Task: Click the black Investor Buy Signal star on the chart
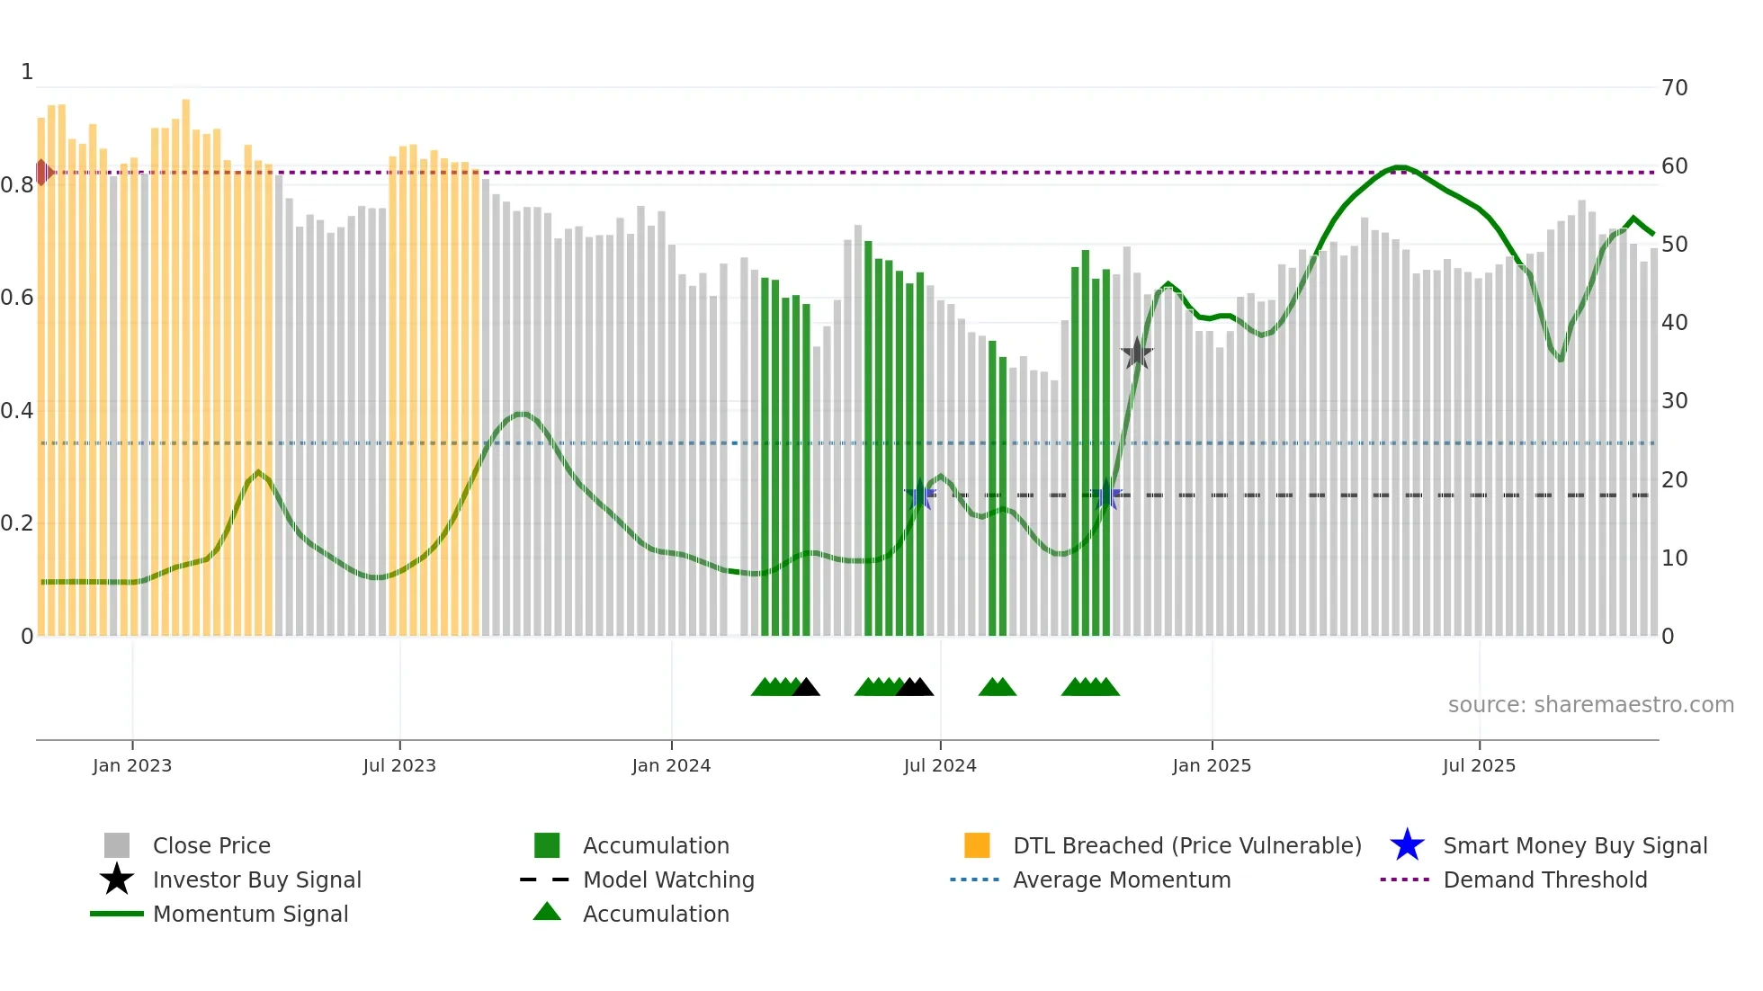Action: click(1137, 353)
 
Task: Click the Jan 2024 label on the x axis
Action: click(671, 765)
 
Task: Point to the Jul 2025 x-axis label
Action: click(1479, 765)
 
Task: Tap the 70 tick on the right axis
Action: click(1674, 88)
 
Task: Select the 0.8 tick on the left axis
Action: click(17, 185)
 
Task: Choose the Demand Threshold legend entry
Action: click(1544, 879)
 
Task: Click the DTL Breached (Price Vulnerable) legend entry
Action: click(1186, 845)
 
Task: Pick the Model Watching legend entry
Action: click(667, 879)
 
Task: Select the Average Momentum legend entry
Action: click(1121, 879)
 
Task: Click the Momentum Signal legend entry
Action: click(250, 914)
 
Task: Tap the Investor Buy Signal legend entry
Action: click(256, 879)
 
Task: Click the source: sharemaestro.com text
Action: click(1590, 704)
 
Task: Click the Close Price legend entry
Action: click(210, 845)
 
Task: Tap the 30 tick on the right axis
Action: click(1674, 401)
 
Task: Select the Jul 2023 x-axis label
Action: click(399, 765)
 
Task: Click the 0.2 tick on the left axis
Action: click(17, 523)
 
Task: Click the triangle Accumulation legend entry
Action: click(655, 914)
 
